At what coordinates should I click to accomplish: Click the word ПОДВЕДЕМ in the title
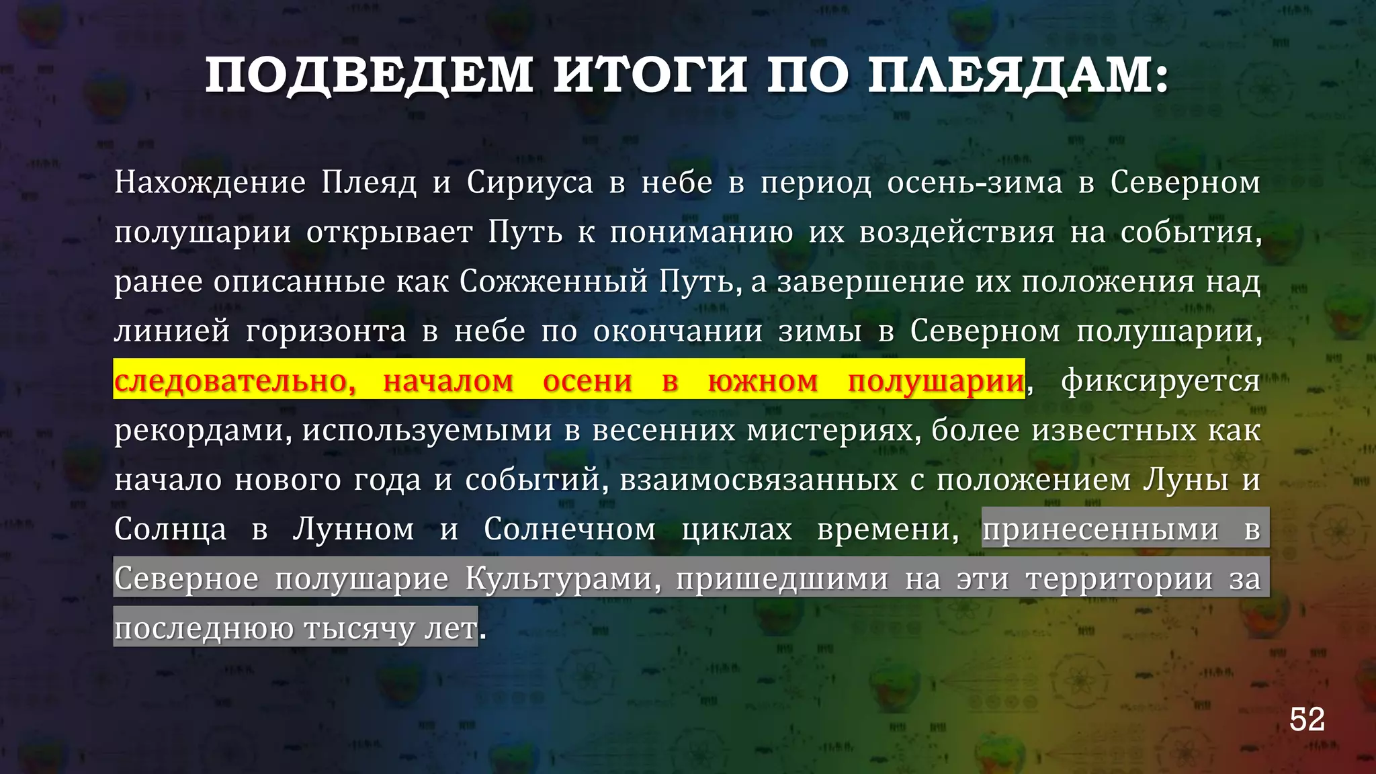tap(370, 76)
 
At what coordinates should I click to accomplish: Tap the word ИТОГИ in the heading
tap(650, 76)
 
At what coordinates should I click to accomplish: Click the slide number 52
tap(1307, 720)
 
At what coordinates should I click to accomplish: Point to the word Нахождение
tap(210, 183)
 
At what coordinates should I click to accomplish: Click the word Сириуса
tap(530, 183)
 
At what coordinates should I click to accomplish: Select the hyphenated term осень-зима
tap(974, 183)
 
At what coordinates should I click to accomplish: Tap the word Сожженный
tap(554, 282)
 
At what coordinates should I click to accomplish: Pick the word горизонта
tap(326, 331)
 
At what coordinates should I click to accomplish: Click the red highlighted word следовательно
tap(234, 381)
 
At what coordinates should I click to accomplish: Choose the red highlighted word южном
tap(763, 381)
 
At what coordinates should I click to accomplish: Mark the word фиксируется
tap(1160, 381)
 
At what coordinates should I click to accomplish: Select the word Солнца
tap(171, 529)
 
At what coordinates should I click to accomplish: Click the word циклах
tap(737, 529)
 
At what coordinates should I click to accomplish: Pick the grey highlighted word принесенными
tap(1100, 529)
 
